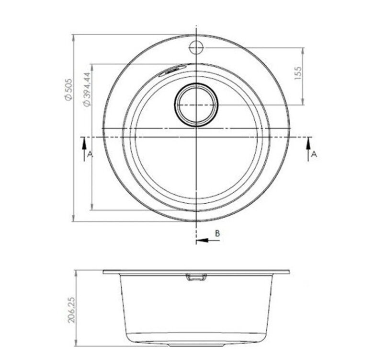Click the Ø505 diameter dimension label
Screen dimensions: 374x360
point(68,90)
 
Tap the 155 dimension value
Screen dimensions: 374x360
point(298,73)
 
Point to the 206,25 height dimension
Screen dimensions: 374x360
point(71,310)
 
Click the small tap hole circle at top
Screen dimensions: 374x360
point(196,47)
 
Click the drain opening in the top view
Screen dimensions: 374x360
point(196,105)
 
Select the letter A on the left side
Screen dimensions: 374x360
point(90,154)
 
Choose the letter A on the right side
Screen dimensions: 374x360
point(314,154)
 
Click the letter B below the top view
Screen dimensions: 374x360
point(217,233)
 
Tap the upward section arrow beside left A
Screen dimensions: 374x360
point(84,150)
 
